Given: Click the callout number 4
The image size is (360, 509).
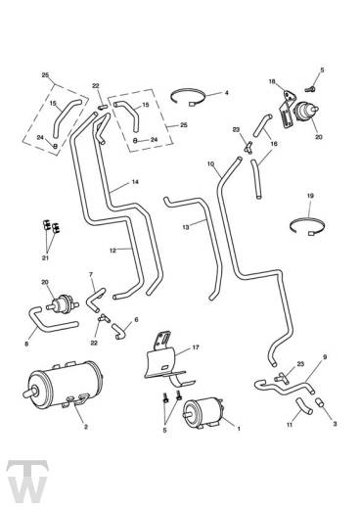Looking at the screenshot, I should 226,93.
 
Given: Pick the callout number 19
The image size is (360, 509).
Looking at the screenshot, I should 310,196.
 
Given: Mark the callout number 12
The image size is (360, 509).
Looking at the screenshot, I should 113,251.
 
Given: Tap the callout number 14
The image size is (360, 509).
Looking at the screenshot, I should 135,181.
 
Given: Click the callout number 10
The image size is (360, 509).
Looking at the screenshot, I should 209,163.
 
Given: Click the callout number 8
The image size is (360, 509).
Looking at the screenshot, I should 27,344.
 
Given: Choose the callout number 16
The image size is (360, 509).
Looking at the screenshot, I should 273,143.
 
